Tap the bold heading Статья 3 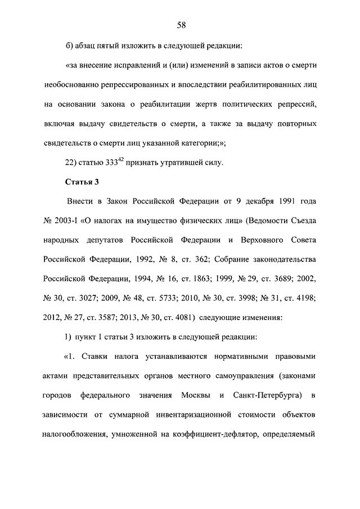tap(83, 182)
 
